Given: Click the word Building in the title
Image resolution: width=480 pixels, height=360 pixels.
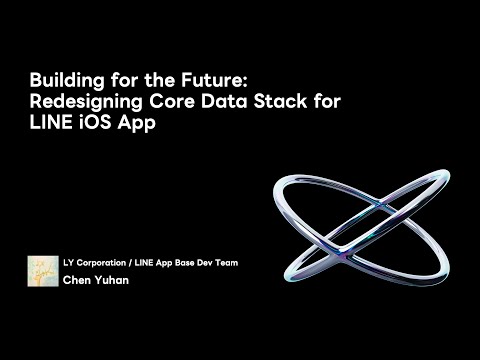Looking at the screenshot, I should [x=61, y=78].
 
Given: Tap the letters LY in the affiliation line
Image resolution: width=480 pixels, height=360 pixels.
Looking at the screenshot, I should [x=67, y=264].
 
